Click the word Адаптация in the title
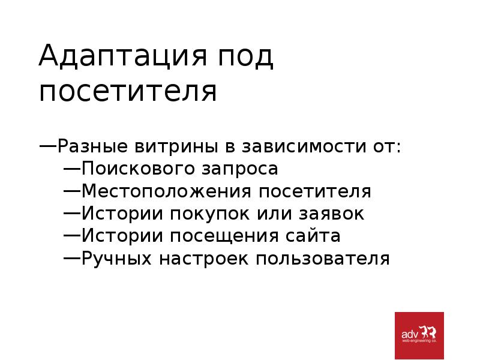point(113,58)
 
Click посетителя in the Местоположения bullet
point(316,191)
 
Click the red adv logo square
point(419,335)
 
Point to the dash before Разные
point(49,145)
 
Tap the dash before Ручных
point(72,258)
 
